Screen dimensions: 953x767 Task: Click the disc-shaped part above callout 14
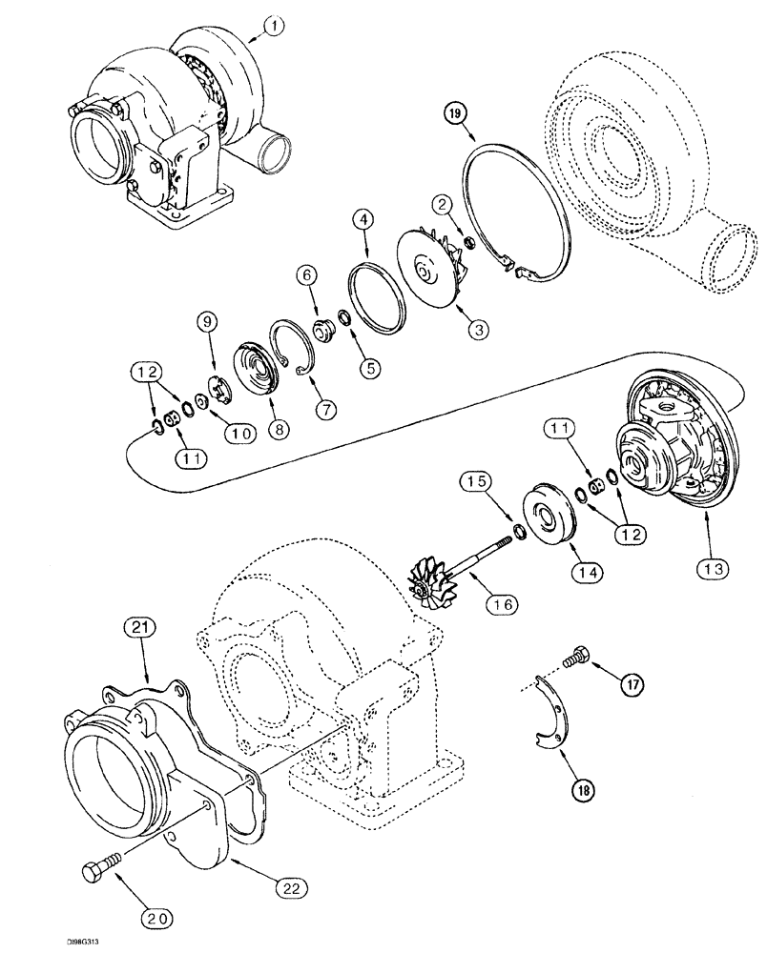[549, 516]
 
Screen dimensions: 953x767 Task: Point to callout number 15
[478, 484]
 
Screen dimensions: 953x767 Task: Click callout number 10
[238, 432]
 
